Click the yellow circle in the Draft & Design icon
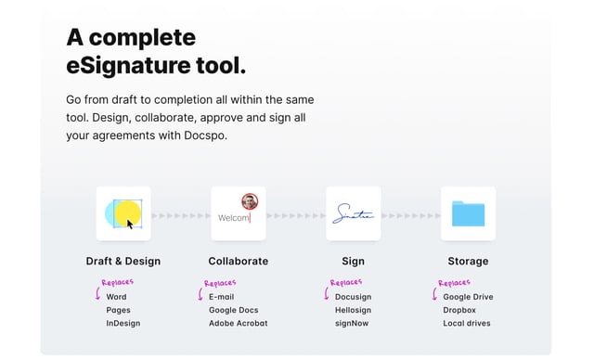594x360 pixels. tap(127, 212)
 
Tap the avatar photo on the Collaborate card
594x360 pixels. tap(250, 201)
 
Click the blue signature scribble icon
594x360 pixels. tap(354, 214)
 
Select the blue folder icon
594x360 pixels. tap(468, 213)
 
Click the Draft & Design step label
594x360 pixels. tap(123, 262)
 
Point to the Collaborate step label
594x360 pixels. tap(239, 262)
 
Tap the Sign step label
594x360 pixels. tap(353, 262)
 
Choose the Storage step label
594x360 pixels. tap(468, 262)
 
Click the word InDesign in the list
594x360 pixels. tap(123, 324)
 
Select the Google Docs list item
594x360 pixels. tap(234, 311)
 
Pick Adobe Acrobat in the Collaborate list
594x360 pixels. tap(239, 324)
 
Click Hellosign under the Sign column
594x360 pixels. tap(353, 311)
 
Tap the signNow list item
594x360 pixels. tap(352, 324)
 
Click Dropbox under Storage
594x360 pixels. tap(459, 311)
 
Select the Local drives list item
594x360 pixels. tap(467, 324)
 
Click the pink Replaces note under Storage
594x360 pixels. tap(454, 283)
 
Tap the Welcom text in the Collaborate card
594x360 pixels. tap(234, 218)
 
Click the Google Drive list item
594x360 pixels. tap(468, 297)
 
